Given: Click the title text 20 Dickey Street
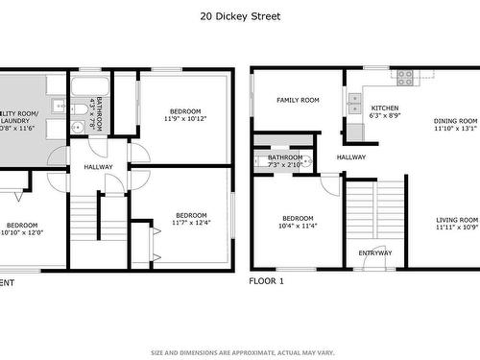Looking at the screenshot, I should click(x=240, y=16).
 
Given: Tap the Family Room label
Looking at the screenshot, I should click(x=298, y=101).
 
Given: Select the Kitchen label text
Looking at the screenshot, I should click(x=385, y=108).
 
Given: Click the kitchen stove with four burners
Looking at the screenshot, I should click(x=404, y=75).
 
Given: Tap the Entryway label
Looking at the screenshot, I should click(x=375, y=253).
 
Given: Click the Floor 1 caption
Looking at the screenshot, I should click(x=267, y=282).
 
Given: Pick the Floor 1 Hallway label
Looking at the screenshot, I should click(x=350, y=157).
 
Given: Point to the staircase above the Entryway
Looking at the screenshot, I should click(x=364, y=211).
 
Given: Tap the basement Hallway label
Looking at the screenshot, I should click(x=98, y=167).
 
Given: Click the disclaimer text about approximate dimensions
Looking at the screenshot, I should click(x=240, y=350).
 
